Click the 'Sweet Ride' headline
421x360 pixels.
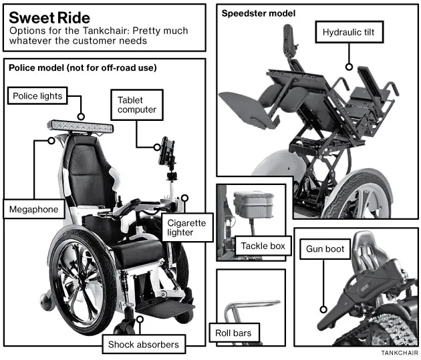(x=49, y=18)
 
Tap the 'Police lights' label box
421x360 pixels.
(x=37, y=96)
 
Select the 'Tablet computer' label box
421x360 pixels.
(x=137, y=105)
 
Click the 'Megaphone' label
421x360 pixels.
(x=34, y=209)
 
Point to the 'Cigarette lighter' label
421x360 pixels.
(x=187, y=228)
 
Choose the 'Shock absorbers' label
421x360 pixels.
(x=144, y=344)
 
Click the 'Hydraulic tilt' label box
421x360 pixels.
(x=349, y=32)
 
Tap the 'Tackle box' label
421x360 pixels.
(x=263, y=246)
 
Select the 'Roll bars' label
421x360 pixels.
(x=234, y=333)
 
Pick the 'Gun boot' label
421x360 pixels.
(x=325, y=248)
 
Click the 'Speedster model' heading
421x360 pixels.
(x=259, y=13)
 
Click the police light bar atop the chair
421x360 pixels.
(x=80, y=127)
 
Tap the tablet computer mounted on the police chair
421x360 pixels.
(x=166, y=151)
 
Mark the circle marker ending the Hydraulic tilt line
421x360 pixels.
(x=349, y=67)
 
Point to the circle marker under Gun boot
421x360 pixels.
(x=323, y=309)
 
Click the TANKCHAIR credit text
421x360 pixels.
(x=399, y=353)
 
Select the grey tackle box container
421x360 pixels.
(x=253, y=205)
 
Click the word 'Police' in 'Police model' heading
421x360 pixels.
(x=21, y=67)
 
